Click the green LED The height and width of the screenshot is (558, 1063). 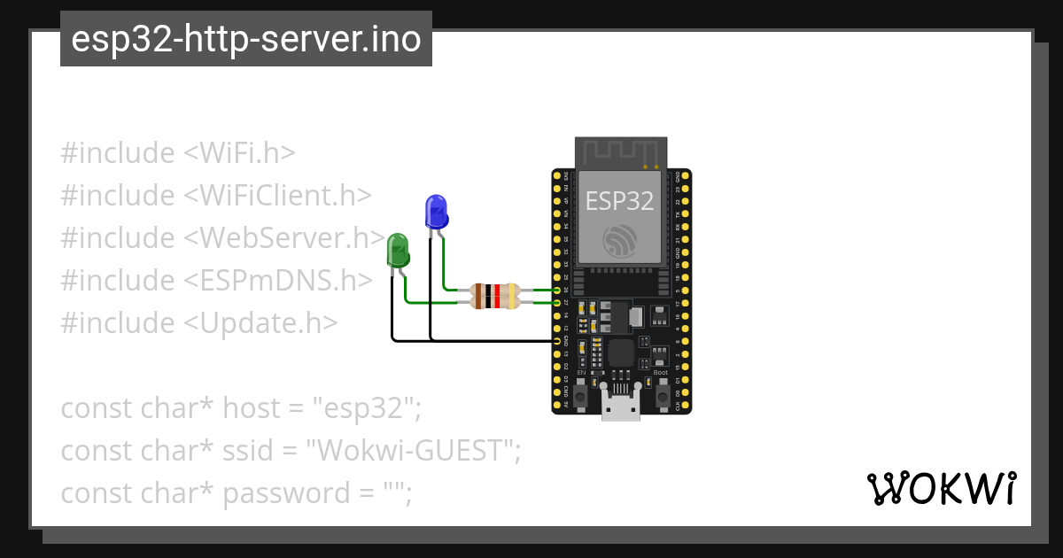[398, 251]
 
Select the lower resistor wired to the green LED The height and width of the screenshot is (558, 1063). [496, 302]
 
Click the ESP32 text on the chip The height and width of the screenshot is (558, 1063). [619, 200]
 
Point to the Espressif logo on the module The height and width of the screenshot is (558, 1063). [619, 240]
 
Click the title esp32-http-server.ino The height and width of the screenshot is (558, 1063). [246, 39]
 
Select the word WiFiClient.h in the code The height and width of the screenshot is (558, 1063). [278, 196]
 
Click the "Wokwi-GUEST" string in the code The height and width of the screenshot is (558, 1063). [412, 451]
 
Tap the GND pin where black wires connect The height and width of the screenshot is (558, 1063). [557, 340]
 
